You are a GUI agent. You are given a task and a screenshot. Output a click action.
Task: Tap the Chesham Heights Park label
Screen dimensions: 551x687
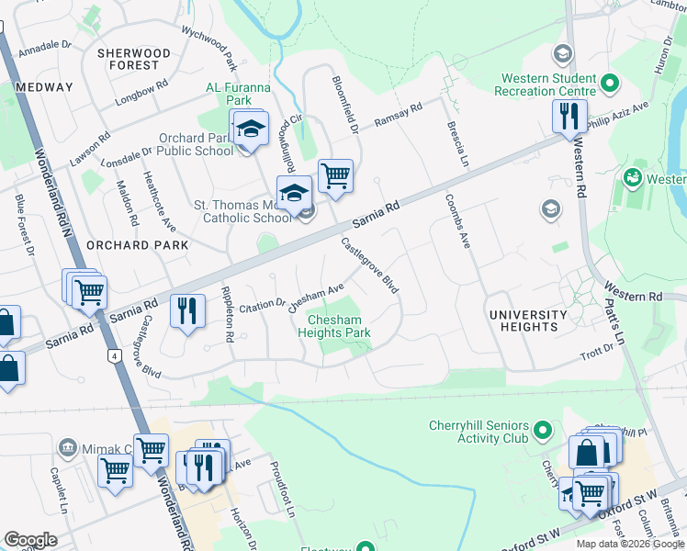pos(334,327)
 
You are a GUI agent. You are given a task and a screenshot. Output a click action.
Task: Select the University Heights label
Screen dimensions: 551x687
pos(535,320)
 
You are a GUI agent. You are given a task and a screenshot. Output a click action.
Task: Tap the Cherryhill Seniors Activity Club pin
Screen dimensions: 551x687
pos(543,430)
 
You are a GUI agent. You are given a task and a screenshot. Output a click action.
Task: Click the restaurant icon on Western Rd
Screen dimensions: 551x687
pos(569,116)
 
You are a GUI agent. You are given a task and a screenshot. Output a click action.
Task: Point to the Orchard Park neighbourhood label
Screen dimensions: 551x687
pos(137,246)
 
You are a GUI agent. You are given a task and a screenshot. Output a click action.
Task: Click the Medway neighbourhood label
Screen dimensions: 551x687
pos(44,87)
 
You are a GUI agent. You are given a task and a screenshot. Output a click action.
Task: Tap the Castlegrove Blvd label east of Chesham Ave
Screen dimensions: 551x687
pos(370,266)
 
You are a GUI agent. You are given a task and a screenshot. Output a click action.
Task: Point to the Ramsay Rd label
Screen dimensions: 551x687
pos(398,116)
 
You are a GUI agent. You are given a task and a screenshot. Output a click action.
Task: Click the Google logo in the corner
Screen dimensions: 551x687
pos(30,540)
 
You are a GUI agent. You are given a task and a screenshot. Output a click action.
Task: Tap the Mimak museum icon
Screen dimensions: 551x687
pos(67,448)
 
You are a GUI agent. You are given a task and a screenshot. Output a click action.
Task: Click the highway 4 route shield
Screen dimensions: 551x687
pos(113,354)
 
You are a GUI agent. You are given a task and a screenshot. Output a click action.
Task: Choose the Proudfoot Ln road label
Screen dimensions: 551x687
pos(281,496)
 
